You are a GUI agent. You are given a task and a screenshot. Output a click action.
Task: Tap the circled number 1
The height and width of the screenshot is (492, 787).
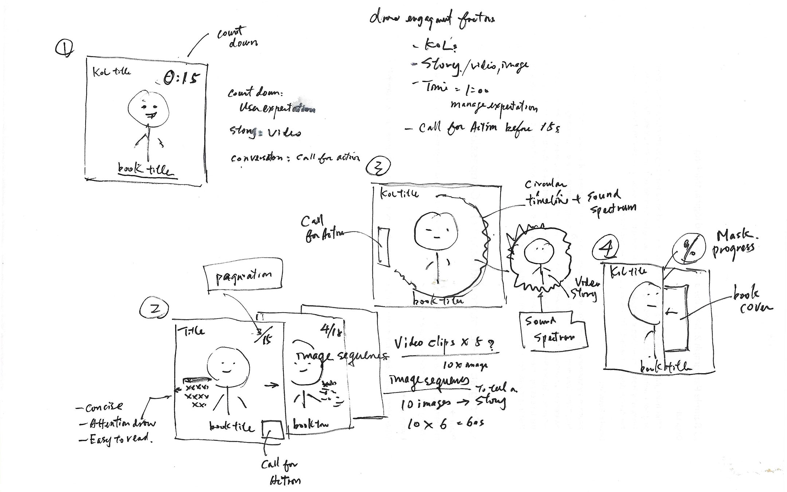(64, 48)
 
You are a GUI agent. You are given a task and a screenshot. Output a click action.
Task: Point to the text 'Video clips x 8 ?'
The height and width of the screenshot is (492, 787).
(446, 344)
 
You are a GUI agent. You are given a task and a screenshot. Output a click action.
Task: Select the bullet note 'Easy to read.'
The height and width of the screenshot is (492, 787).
(116, 439)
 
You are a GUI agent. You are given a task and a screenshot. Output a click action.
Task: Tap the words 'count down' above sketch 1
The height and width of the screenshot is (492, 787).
(236, 38)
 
